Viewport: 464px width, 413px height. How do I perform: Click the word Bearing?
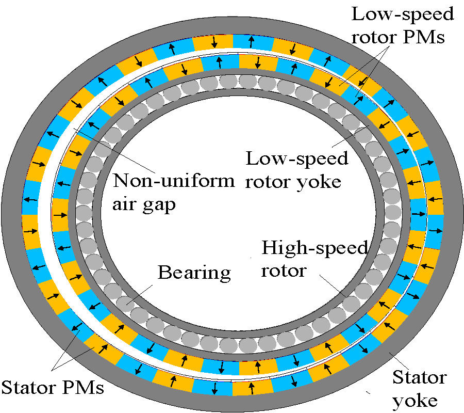coord(194,272)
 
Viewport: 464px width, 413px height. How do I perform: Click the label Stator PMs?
coord(53,387)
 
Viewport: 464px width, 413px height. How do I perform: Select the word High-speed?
coord(314,248)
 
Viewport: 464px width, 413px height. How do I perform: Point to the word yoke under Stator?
coord(415,400)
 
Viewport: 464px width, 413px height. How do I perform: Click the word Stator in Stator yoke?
coord(419,377)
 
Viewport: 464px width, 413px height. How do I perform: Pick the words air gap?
coord(144,204)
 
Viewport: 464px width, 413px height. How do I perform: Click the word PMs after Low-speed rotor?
coord(426,37)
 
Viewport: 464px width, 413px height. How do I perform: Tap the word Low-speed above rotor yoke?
coord(296,158)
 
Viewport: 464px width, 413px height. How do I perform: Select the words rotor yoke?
coord(293,181)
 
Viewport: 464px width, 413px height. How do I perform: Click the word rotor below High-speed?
coord(284,270)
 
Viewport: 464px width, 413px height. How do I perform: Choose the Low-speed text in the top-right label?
coord(402,14)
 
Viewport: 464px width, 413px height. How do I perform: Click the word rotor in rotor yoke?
coord(267,181)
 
